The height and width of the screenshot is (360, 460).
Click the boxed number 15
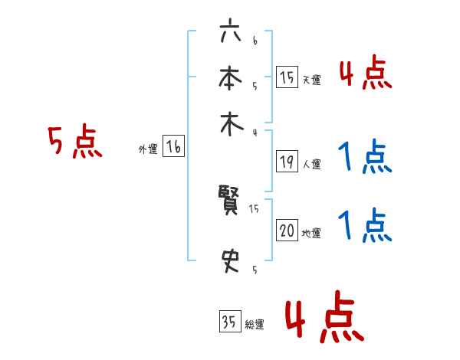[287, 77]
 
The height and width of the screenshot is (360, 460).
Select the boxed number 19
[287, 162]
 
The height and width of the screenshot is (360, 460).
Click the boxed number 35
[228, 322]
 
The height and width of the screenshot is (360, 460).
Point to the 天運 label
[310, 80]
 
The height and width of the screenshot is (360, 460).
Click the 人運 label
[311, 164]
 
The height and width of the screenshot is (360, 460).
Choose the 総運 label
[254, 325]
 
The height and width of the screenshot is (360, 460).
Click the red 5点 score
[74, 142]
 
